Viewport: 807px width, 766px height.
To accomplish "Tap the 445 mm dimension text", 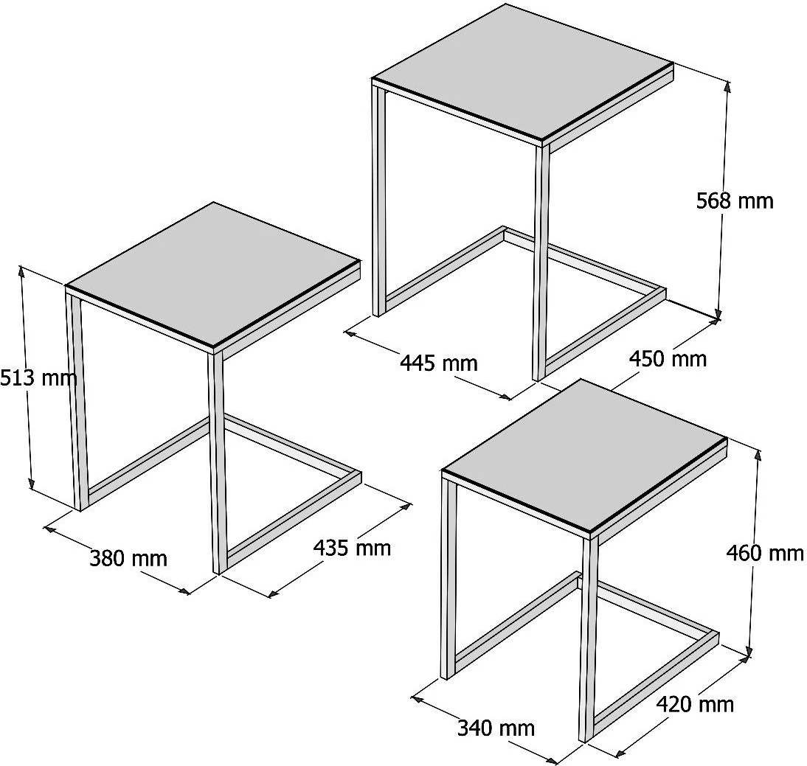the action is pyautogui.click(x=438, y=363).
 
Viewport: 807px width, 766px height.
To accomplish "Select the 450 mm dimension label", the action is pyautogui.click(x=668, y=358).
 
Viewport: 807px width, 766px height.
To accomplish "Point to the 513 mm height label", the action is pyautogui.click(x=38, y=377).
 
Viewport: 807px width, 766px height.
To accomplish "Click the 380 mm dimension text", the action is pyautogui.click(x=128, y=558).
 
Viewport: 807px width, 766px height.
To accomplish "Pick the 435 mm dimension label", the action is pyautogui.click(x=352, y=547).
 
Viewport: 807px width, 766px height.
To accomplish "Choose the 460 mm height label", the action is pyautogui.click(x=765, y=553).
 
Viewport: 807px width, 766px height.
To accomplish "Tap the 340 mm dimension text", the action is pyautogui.click(x=496, y=728).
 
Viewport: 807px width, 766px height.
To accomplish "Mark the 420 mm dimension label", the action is pyautogui.click(x=695, y=704).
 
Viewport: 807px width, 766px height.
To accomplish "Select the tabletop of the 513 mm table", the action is pyautogui.click(x=212, y=271).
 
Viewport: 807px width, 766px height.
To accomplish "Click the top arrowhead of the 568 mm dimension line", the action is pyautogui.click(x=727, y=86).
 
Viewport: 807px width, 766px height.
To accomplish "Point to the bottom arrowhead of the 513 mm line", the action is pyautogui.click(x=32, y=483).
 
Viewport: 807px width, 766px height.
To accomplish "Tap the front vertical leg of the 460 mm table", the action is pyautogui.click(x=588, y=638).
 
